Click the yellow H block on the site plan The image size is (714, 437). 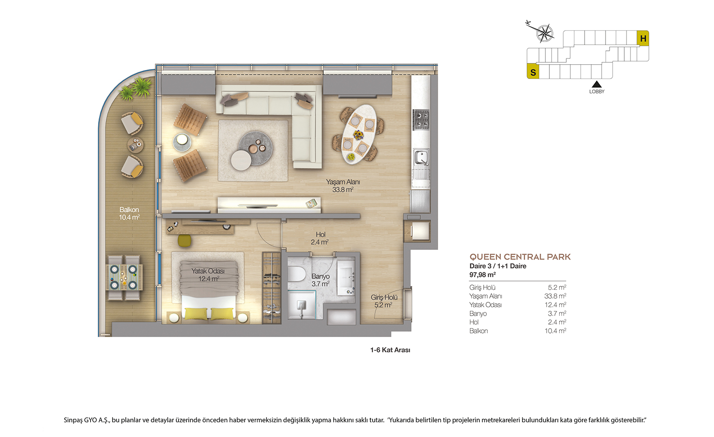(x=643, y=38)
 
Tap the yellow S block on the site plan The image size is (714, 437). (x=533, y=71)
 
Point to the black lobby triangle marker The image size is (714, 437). (x=596, y=84)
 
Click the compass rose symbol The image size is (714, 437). (x=545, y=33)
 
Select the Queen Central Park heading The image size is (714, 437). (x=520, y=257)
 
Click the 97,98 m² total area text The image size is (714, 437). (x=482, y=275)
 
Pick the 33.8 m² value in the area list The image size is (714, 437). (x=555, y=296)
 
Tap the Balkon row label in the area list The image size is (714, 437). (x=478, y=331)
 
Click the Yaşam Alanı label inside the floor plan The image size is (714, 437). (x=343, y=182)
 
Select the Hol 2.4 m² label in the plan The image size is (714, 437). (x=320, y=238)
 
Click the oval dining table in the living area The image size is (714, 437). (x=358, y=134)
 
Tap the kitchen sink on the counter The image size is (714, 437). (x=421, y=158)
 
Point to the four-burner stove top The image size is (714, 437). (x=421, y=120)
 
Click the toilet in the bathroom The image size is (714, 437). (x=296, y=274)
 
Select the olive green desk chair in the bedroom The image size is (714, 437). (x=184, y=240)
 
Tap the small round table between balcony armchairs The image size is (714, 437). (x=136, y=145)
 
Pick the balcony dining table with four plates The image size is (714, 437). (x=124, y=277)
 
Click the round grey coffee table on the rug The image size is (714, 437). (x=256, y=148)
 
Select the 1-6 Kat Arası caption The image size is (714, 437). (x=390, y=350)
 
